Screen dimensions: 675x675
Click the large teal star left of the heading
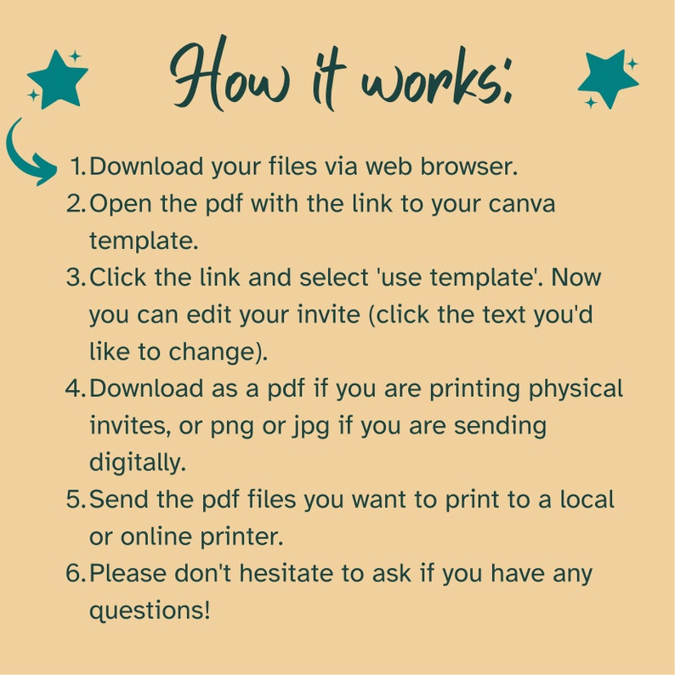pyautogui.click(x=59, y=81)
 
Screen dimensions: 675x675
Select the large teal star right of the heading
pyautogui.click(x=607, y=79)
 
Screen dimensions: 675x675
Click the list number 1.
pyautogui.click(x=77, y=167)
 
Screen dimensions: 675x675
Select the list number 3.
pyautogui.click(x=75, y=277)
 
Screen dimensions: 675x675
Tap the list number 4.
pyautogui.click(x=75, y=389)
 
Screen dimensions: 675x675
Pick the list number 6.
pyautogui.click(x=75, y=573)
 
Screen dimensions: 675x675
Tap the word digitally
pyautogui.click(x=137, y=463)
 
